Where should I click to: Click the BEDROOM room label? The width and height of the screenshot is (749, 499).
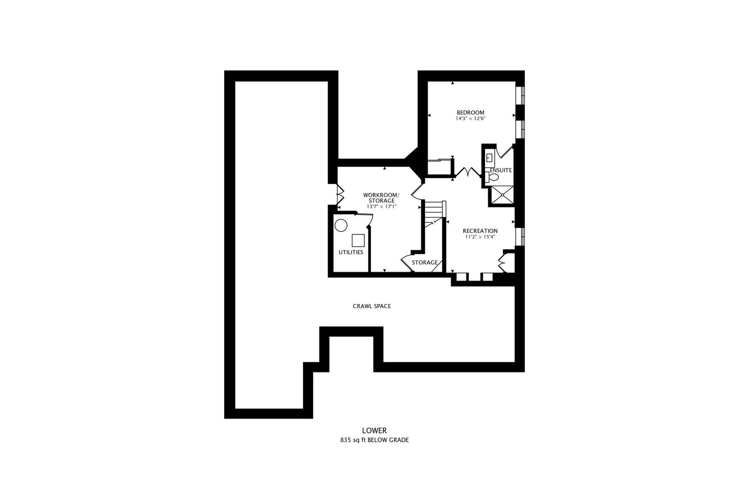(470, 113)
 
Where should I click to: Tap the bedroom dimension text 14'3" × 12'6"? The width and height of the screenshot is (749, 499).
(470, 119)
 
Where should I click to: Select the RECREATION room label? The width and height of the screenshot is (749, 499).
(480, 231)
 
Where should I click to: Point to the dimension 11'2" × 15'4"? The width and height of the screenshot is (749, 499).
(480, 237)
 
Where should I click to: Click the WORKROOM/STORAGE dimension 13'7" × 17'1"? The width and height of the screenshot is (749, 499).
(381, 207)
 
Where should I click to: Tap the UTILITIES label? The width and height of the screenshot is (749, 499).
(351, 252)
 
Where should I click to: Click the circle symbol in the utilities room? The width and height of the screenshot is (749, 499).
(341, 226)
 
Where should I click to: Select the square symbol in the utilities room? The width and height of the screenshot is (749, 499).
(358, 240)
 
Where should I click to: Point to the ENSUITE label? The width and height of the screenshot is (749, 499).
(501, 170)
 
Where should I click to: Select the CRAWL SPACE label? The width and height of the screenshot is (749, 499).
(372, 306)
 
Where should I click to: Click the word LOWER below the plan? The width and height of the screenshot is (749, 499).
(374, 430)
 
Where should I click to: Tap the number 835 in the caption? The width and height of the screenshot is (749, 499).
(345, 440)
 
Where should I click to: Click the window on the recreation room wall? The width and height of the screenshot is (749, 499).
(520, 237)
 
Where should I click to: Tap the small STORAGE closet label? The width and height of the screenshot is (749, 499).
(424, 262)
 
